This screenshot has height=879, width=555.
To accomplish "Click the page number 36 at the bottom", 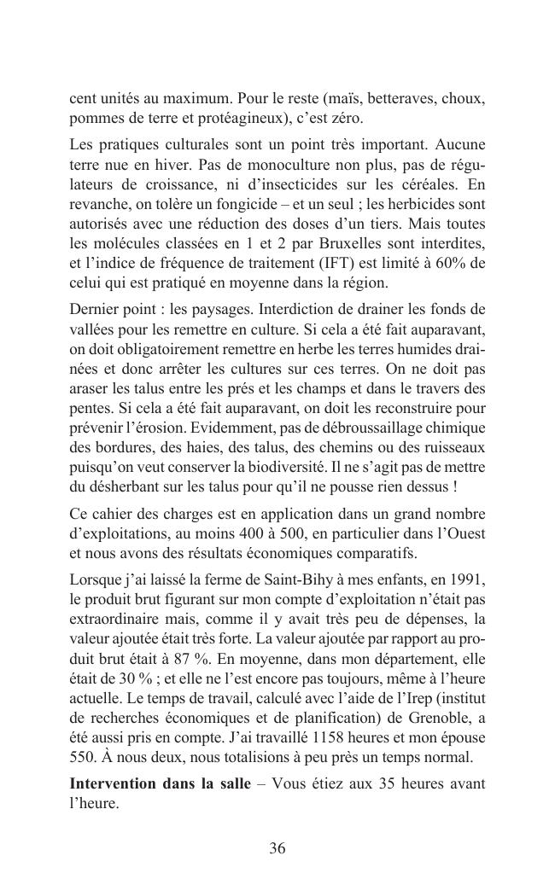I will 277,848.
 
